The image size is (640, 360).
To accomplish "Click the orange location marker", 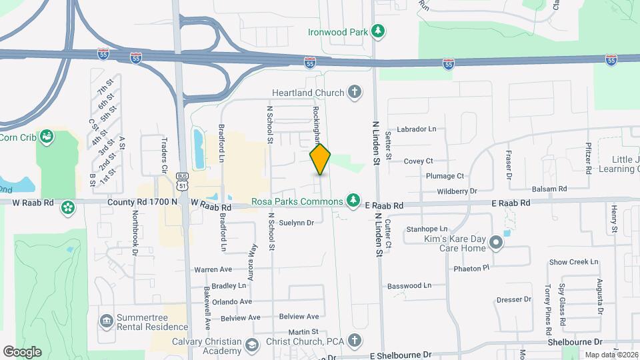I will [321, 159].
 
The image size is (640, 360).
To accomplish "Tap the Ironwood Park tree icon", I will [378, 31].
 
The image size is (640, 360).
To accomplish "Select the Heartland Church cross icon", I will [355, 93].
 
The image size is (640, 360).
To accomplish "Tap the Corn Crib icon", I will [47, 136].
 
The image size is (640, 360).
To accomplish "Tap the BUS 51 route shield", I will [181, 179].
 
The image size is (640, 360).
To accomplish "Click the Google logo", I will [22, 351].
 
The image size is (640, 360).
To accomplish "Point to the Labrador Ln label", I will [416, 129].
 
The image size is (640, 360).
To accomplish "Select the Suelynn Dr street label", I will [296, 223].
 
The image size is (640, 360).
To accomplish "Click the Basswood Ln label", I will [409, 285].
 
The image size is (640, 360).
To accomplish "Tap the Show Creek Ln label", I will [574, 262].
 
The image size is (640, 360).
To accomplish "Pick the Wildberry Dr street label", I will [457, 191].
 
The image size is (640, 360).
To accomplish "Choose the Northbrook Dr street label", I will [134, 234].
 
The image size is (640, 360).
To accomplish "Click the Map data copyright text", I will [611, 355].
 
